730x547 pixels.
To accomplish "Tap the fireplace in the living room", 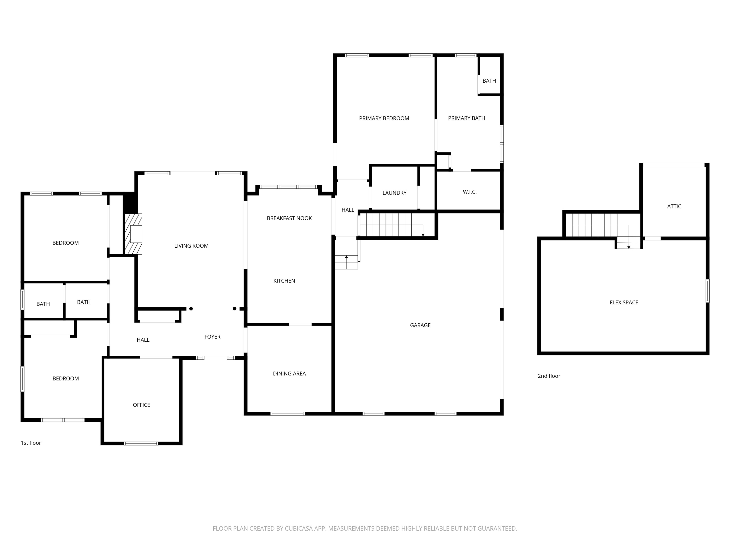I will click(134, 234).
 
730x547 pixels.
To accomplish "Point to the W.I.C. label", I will click(469, 192).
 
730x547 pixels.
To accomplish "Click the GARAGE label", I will click(420, 325).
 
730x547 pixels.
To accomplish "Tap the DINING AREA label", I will click(289, 373).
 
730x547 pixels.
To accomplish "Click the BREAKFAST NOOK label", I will click(289, 218).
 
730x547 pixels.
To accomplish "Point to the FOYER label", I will click(212, 337).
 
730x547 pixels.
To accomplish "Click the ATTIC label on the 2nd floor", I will click(674, 206).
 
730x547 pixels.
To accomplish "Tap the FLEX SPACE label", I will click(624, 302).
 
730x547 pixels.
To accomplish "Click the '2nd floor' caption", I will click(549, 376).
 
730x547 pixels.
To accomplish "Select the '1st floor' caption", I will click(31, 443).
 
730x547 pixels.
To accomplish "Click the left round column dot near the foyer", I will click(191, 309).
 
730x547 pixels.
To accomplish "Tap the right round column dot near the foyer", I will click(234, 309).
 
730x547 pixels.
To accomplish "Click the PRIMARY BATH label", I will click(466, 118).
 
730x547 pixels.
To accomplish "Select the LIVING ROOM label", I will click(191, 246).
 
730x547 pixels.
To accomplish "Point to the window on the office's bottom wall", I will click(141, 443).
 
